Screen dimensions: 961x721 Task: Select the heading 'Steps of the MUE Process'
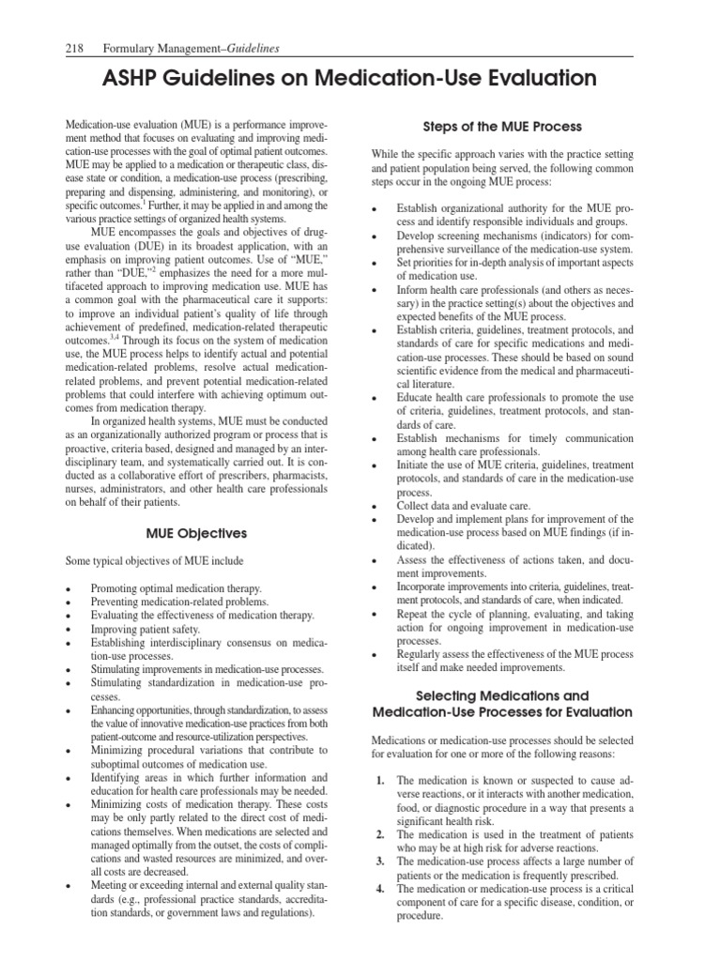click(502, 127)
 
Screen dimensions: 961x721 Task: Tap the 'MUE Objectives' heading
click(197, 533)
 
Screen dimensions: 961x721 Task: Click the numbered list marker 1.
click(379, 780)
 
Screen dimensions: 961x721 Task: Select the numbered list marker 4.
click(379, 889)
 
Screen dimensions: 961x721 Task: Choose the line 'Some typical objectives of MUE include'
click(153, 560)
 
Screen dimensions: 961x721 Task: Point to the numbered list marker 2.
click(379, 834)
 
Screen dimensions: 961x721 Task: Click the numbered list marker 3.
click(379, 862)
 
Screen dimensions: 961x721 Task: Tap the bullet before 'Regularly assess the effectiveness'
click(376, 655)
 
